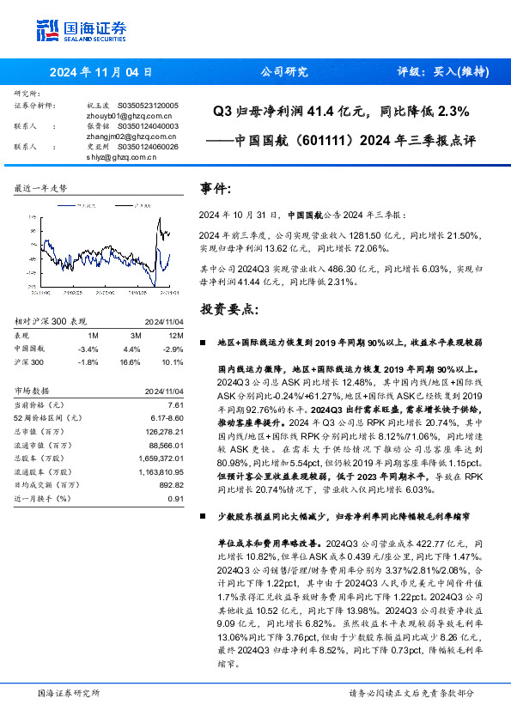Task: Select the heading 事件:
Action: (215, 188)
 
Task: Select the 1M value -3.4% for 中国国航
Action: (88, 349)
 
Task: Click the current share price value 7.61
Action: (176, 404)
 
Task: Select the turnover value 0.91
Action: (176, 499)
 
